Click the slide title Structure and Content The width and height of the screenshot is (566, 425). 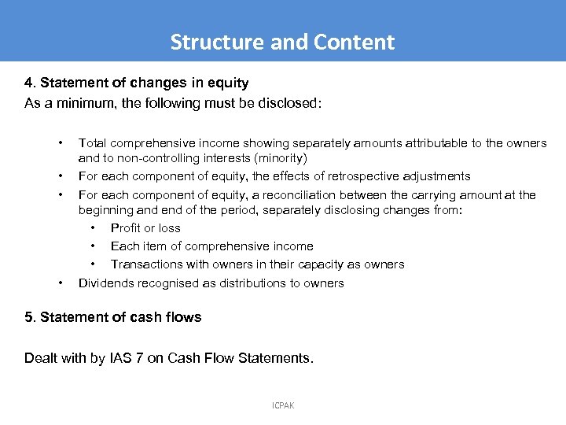tap(282, 42)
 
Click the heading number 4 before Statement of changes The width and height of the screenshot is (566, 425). tap(28, 83)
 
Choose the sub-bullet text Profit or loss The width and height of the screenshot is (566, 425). tap(145, 228)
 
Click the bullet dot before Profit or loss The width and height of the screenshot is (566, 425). tap(93, 228)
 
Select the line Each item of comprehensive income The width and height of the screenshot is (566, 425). tap(211, 246)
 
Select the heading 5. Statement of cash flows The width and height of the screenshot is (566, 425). tap(112, 317)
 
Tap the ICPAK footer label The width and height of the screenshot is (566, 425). tap(282, 406)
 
